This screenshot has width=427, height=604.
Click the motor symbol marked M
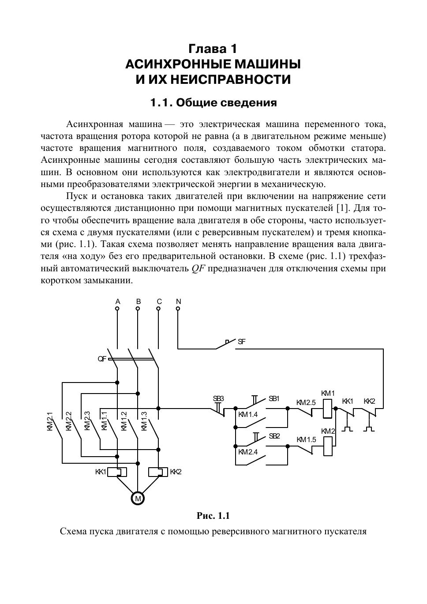pos(138,498)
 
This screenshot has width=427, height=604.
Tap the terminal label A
pos(118,302)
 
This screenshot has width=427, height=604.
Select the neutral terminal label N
pos(178,302)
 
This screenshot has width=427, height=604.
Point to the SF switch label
pos(241,341)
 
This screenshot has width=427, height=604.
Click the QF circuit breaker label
pos(102,359)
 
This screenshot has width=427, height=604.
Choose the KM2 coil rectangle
pos(328,446)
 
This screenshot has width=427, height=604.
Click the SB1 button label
pos(274,399)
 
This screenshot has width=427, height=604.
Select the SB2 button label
pos(274,436)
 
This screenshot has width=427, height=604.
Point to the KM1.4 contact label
pos(248,415)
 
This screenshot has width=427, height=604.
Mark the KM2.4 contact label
pos(248,452)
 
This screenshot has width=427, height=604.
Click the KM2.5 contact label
pos(306,402)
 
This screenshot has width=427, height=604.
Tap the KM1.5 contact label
pos(306,440)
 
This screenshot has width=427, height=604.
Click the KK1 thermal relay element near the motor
pos(117,472)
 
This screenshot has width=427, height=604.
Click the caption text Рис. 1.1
pos(213,516)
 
